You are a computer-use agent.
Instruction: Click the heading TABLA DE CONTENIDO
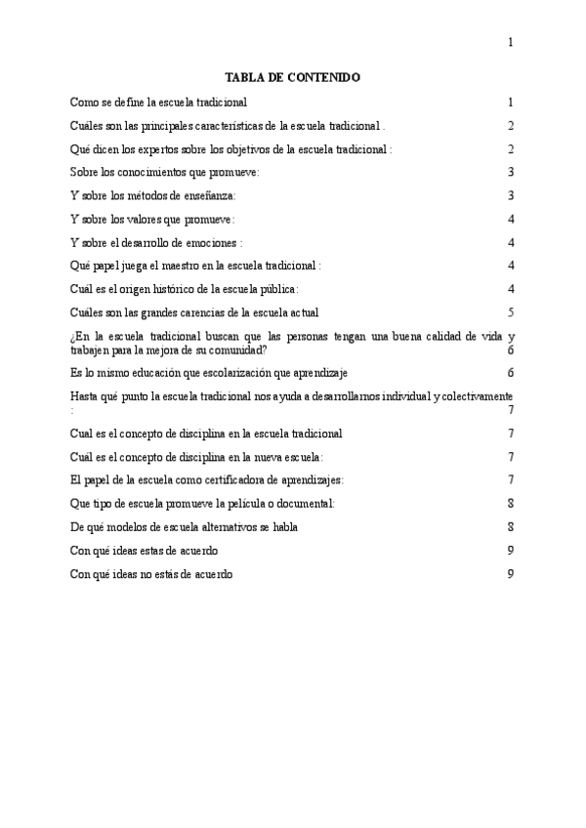coord(293,76)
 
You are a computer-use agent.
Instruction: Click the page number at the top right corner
coord(511,42)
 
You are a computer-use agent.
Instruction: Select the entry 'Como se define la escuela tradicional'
coord(158,103)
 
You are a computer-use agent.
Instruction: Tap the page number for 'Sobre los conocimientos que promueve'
coord(511,173)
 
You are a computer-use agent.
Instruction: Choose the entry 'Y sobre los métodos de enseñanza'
coord(153,196)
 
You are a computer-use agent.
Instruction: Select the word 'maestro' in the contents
coord(172,267)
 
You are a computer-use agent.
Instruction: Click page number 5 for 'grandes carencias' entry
coord(511,313)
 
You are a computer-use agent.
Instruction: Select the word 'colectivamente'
coord(474,396)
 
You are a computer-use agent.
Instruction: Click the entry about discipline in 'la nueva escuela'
coord(196,457)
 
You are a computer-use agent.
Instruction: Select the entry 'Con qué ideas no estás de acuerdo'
coord(151,574)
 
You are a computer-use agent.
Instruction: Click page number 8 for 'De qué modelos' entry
coord(511,527)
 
